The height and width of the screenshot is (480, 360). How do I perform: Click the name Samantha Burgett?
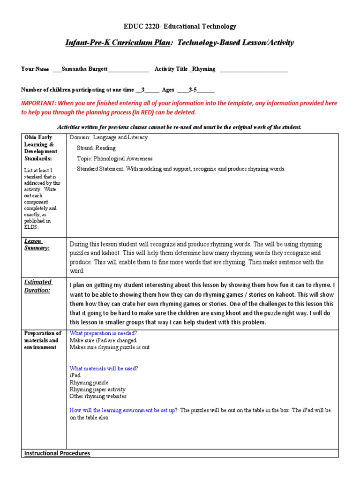[x=84, y=69]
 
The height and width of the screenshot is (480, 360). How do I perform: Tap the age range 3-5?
[x=194, y=90]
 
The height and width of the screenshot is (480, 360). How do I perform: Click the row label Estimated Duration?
[x=38, y=286]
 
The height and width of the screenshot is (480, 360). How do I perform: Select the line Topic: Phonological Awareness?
[x=114, y=158]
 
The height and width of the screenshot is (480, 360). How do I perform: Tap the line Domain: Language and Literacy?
[x=108, y=137]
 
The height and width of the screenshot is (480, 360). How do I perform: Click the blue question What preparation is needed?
[x=103, y=333]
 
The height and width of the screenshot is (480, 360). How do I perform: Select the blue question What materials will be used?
[x=104, y=368]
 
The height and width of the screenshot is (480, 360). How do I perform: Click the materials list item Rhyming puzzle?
[x=89, y=382]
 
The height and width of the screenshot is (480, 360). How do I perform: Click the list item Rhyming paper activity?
[x=97, y=390]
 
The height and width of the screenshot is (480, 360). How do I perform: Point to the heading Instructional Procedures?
[x=57, y=453]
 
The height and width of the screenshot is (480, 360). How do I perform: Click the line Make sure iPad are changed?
[x=103, y=340]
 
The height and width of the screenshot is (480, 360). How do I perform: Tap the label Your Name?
[x=35, y=69]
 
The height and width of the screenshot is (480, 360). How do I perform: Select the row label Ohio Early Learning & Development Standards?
[x=41, y=148]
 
